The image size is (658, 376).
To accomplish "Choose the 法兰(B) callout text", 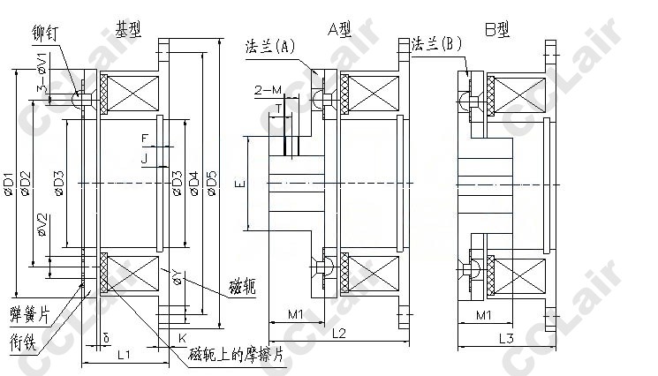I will [437, 43].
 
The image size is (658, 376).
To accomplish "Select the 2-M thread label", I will [267, 90].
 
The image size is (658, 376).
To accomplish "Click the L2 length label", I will [339, 335].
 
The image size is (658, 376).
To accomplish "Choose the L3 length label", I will [506, 338].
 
